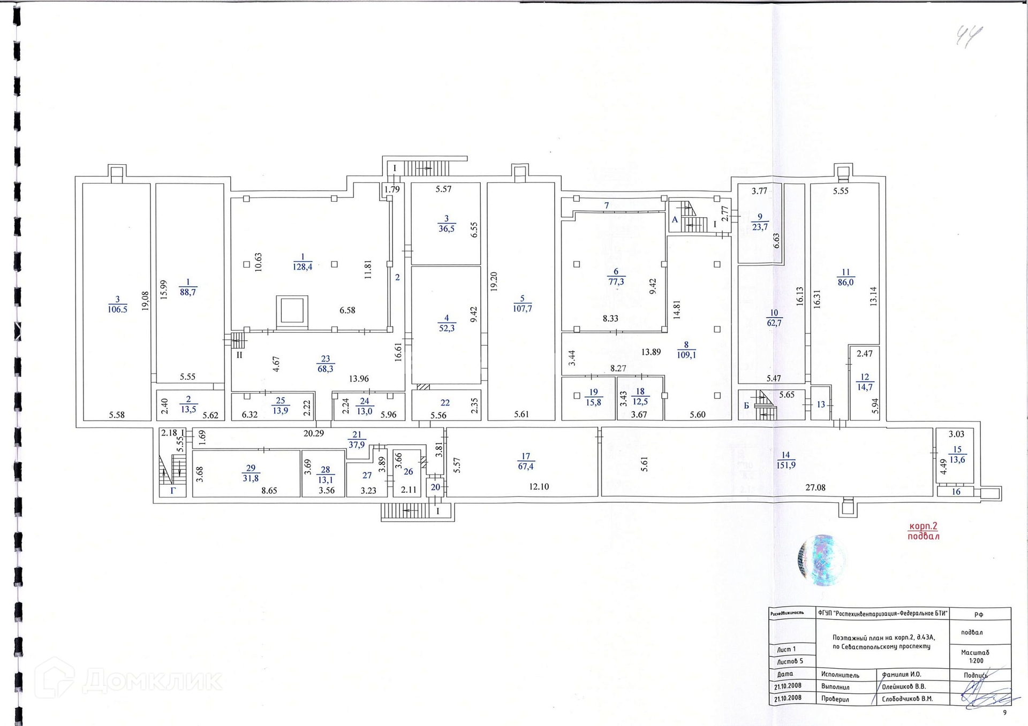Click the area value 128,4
(x=303, y=267)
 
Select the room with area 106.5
(x=117, y=305)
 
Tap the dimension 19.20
(x=494, y=281)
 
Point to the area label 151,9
(x=786, y=465)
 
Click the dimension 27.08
(x=815, y=487)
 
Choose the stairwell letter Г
(x=173, y=490)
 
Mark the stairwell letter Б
(x=746, y=406)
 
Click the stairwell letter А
(x=675, y=220)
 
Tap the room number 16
(x=956, y=492)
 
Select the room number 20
(x=435, y=487)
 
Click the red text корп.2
(x=923, y=526)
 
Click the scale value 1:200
(x=976, y=661)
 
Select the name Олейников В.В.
(x=904, y=686)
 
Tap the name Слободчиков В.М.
(x=907, y=699)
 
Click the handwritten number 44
(x=969, y=36)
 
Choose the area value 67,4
(x=526, y=467)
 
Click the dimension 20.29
(x=314, y=433)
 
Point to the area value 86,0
(x=845, y=282)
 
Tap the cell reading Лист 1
(x=786, y=649)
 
